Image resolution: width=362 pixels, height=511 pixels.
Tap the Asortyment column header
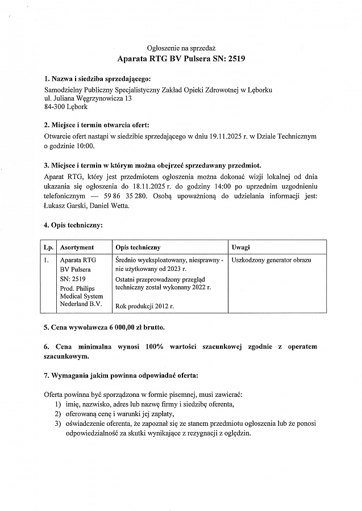click(77, 248)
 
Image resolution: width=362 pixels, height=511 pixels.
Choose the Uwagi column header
click(241, 248)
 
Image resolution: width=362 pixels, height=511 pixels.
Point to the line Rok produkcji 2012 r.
click(144, 307)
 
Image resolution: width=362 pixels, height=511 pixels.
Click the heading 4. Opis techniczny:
click(73, 225)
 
